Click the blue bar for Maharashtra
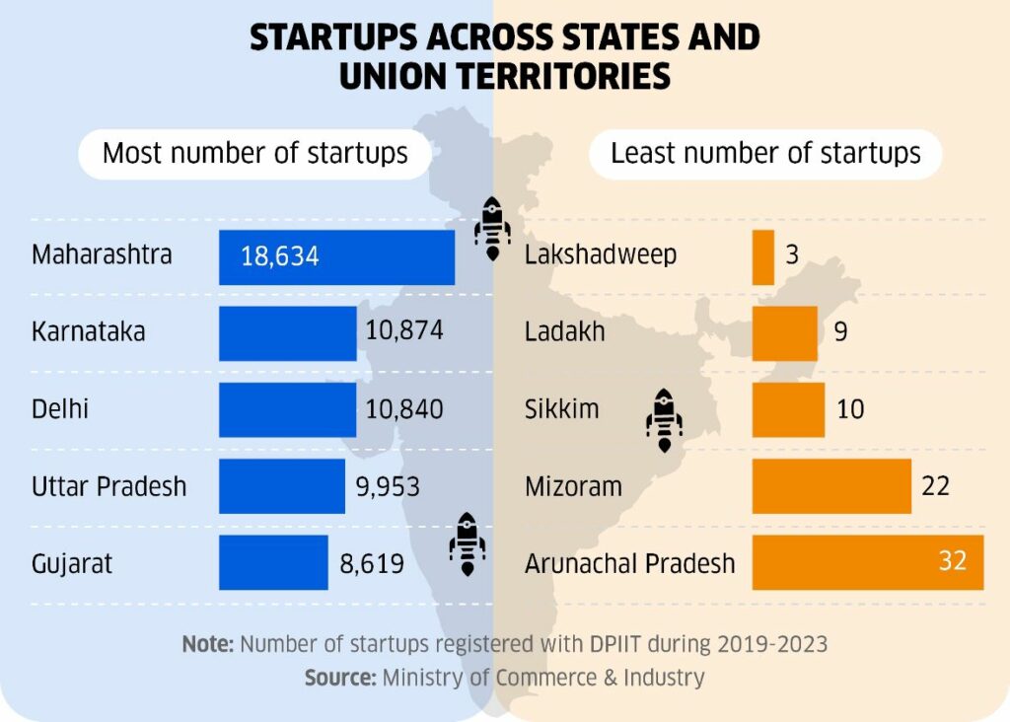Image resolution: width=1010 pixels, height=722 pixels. click(x=336, y=256)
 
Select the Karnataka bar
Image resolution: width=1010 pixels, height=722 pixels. click(x=287, y=333)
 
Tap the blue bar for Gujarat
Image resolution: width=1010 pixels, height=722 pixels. click(x=273, y=562)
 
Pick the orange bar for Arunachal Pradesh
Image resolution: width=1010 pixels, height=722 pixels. click(x=868, y=562)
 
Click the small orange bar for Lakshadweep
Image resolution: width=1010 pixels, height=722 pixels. click(x=763, y=256)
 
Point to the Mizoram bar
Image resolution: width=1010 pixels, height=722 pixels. click(x=831, y=486)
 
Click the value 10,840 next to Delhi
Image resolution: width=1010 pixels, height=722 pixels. click(x=404, y=409)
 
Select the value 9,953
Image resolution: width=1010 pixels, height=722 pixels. click(x=388, y=486)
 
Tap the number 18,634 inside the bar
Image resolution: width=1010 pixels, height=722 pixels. click(x=280, y=257)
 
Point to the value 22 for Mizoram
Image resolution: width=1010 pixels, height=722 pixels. click(x=935, y=486)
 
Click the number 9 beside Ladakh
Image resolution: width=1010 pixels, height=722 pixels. click(x=840, y=332)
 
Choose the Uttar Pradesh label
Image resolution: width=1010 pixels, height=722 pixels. click(x=108, y=486)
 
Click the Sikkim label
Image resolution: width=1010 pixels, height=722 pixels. click(x=561, y=409)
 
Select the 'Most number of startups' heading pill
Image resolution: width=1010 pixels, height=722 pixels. click(x=255, y=154)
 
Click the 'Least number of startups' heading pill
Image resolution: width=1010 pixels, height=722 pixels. click(x=765, y=154)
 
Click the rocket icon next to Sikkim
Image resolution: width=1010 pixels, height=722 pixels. click(x=664, y=419)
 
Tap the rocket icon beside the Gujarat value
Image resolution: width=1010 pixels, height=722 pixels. click(x=467, y=544)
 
